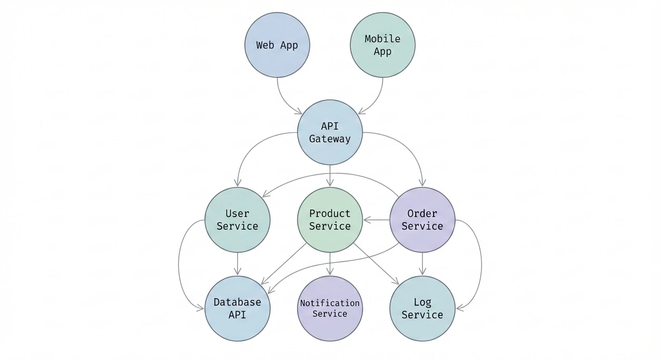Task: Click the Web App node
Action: click(277, 45)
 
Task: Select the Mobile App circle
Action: click(382, 45)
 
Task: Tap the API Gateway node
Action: click(330, 132)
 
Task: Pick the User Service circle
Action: click(238, 220)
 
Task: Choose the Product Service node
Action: click(330, 220)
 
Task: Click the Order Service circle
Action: click(422, 220)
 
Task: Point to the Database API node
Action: click(238, 308)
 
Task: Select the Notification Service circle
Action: click(330, 308)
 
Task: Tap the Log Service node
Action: click(422, 308)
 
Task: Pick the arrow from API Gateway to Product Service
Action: click(330, 176)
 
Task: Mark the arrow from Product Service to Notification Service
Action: click(330, 264)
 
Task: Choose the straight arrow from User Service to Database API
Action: click(238, 264)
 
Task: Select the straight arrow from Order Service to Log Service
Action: click(422, 264)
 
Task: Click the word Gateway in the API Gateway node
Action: click(330, 139)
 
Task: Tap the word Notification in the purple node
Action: click(330, 303)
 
